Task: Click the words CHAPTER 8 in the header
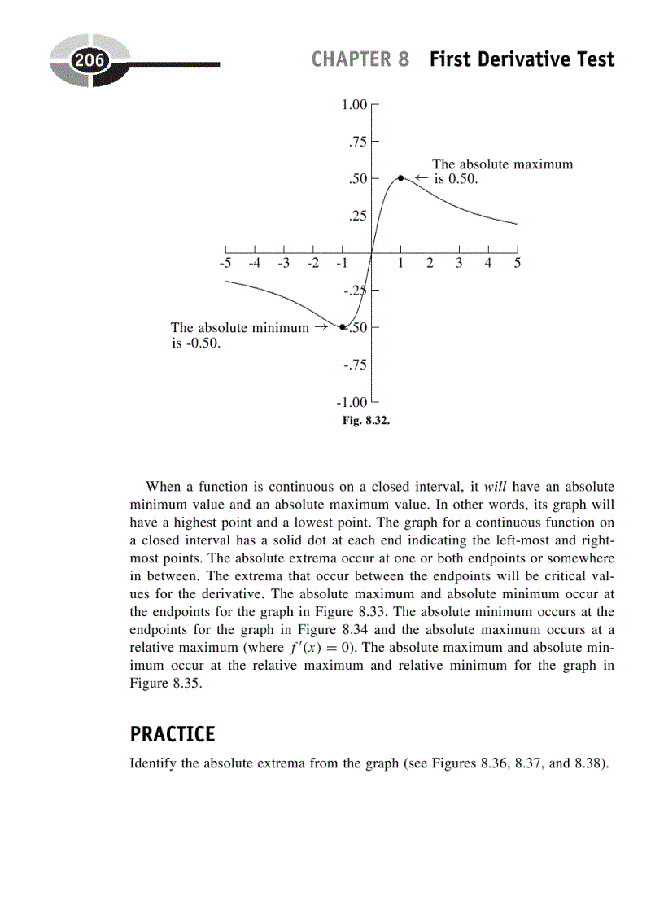click(x=360, y=59)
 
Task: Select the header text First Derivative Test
click(x=522, y=59)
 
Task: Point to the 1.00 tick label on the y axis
click(x=355, y=104)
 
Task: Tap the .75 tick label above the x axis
click(x=358, y=142)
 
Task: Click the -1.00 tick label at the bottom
click(x=352, y=402)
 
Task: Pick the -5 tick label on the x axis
click(x=225, y=264)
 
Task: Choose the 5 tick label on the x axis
click(x=518, y=264)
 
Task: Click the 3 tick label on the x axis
click(x=459, y=264)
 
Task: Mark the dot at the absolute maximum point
click(x=400, y=177)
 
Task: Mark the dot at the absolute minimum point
click(x=343, y=327)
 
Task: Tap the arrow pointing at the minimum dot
click(x=321, y=327)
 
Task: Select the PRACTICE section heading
click(x=173, y=734)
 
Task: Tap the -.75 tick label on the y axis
click(x=356, y=365)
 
